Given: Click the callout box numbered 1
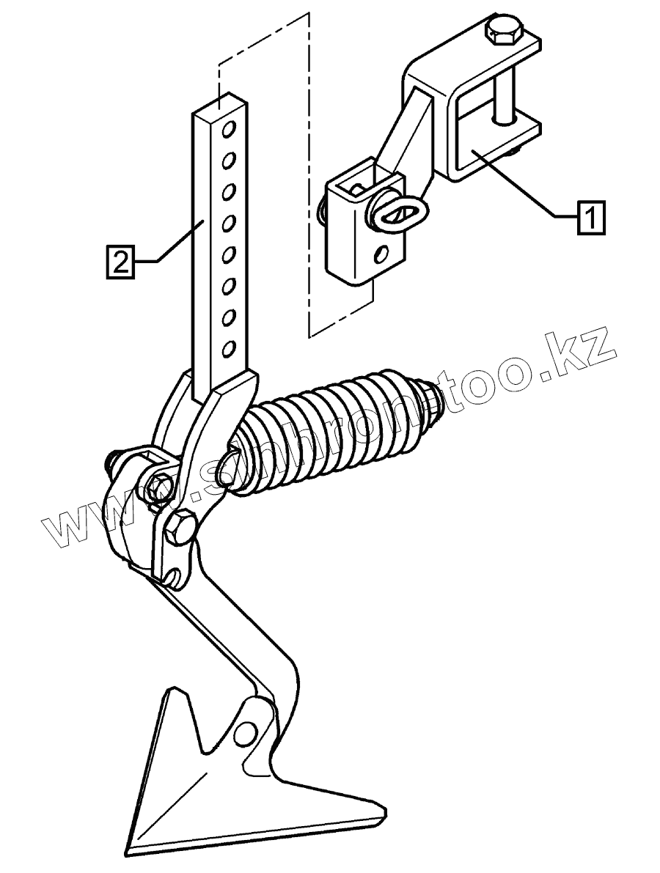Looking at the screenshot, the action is click(x=592, y=218).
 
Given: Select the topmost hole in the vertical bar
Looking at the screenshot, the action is click(x=228, y=130).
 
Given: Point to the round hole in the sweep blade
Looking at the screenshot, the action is click(x=247, y=730).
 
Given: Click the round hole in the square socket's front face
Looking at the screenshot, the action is click(x=381, y=255).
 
